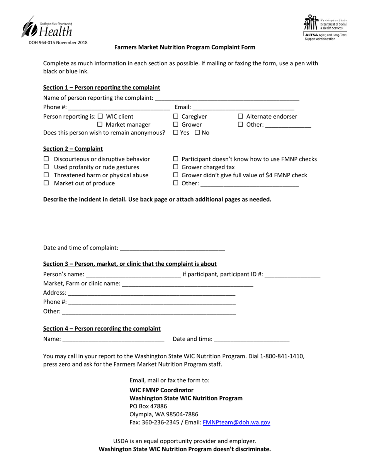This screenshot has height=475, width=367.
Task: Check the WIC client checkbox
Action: coord(100,117)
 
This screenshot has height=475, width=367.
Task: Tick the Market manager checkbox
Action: coord(100,125)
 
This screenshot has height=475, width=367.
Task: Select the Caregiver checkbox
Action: coord(176,117)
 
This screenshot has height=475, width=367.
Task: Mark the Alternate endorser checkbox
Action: coord(240,117)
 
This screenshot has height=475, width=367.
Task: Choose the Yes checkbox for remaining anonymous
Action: coord(176,132)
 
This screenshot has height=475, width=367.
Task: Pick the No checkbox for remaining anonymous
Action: coord(197,132)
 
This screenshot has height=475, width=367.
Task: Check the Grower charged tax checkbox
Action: coord(176,167)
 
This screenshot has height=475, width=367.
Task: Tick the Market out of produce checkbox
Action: coord(46,183)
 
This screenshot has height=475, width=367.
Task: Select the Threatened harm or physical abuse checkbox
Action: coord(46,175)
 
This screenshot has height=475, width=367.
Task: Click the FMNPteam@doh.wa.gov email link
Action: coord(236,422)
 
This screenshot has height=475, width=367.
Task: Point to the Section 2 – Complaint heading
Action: coord(73,149)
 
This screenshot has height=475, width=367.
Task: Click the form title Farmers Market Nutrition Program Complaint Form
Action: coord(185,47)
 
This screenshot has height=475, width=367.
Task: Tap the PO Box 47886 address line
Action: coord(148,406)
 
